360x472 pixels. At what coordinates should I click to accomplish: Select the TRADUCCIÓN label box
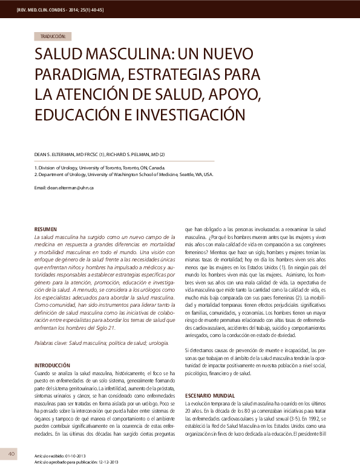(x=54, y=36)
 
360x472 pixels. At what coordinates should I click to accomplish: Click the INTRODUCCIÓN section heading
(x=54, y=365)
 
